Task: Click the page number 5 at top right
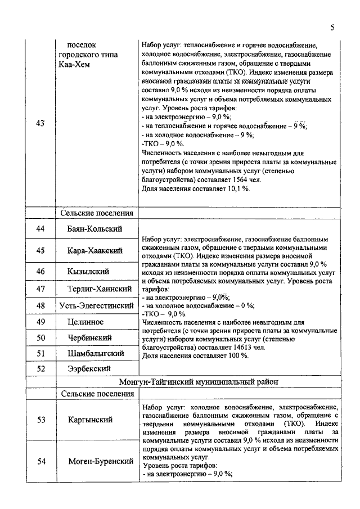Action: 332,27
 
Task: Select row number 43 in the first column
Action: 40,124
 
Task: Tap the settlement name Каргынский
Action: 90,420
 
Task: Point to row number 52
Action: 40,368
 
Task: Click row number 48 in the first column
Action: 40,305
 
